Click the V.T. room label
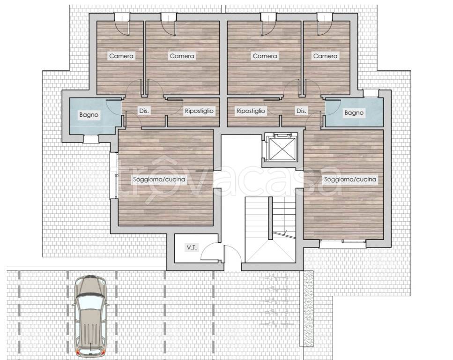coord(192,247)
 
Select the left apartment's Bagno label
coord(89,115)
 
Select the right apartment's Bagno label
coord(354,113)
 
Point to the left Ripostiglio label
coord(199,111)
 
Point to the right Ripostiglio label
coord(251,111)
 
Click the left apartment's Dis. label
coord(144,111)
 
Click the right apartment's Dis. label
coord(301,111)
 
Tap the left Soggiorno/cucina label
coord(159,179)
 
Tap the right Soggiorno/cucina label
coord(350,179)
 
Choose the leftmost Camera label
coord(121,56)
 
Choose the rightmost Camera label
coord(325,56)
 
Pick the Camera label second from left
coord(182,56)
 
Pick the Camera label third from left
coord(265,56)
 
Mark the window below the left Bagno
coord(91,139)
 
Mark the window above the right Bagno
coord(371,93)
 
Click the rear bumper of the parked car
coord(90,353)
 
